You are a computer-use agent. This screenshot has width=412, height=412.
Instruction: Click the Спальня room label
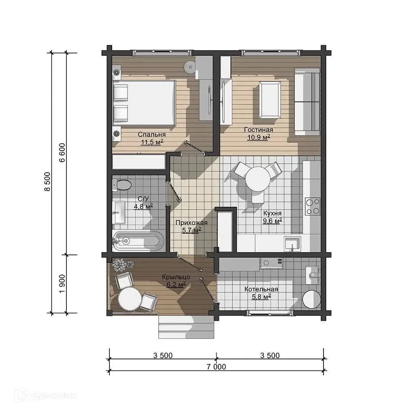tap(151, 135)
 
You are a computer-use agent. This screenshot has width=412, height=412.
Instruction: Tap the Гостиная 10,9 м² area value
tap(259, 137)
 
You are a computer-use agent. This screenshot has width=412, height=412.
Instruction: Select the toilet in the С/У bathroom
tap(121, 185)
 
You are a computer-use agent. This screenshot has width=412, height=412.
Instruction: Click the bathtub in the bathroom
tap(138, 241)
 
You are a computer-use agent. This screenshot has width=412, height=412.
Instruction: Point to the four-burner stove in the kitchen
tap(313, 206)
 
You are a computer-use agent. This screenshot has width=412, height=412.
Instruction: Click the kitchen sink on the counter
tap(292, 243)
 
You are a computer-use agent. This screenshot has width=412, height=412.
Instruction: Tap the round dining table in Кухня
tap(258, 179)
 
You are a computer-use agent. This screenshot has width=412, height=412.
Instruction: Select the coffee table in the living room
tap(270, 100)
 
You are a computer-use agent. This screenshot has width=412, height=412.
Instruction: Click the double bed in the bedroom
tap(144, 103)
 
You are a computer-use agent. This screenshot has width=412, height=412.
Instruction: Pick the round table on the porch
tap(130, 299)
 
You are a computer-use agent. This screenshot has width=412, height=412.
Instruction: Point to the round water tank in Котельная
tap(311, 299)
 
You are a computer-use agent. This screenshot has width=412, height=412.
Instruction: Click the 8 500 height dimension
tap(47, 182)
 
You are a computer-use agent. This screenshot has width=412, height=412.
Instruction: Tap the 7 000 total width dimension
tap(216, 367)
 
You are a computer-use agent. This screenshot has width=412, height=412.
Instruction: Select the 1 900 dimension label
tap(62, 284)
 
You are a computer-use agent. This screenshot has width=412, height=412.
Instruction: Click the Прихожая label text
tap(192, 223)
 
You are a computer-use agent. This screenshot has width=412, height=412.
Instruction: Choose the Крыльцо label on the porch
tap(176, 277)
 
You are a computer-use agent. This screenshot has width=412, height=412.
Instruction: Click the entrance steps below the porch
tap(186, 327)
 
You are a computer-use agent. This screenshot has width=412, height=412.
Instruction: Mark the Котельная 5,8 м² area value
tap(261, 297)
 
